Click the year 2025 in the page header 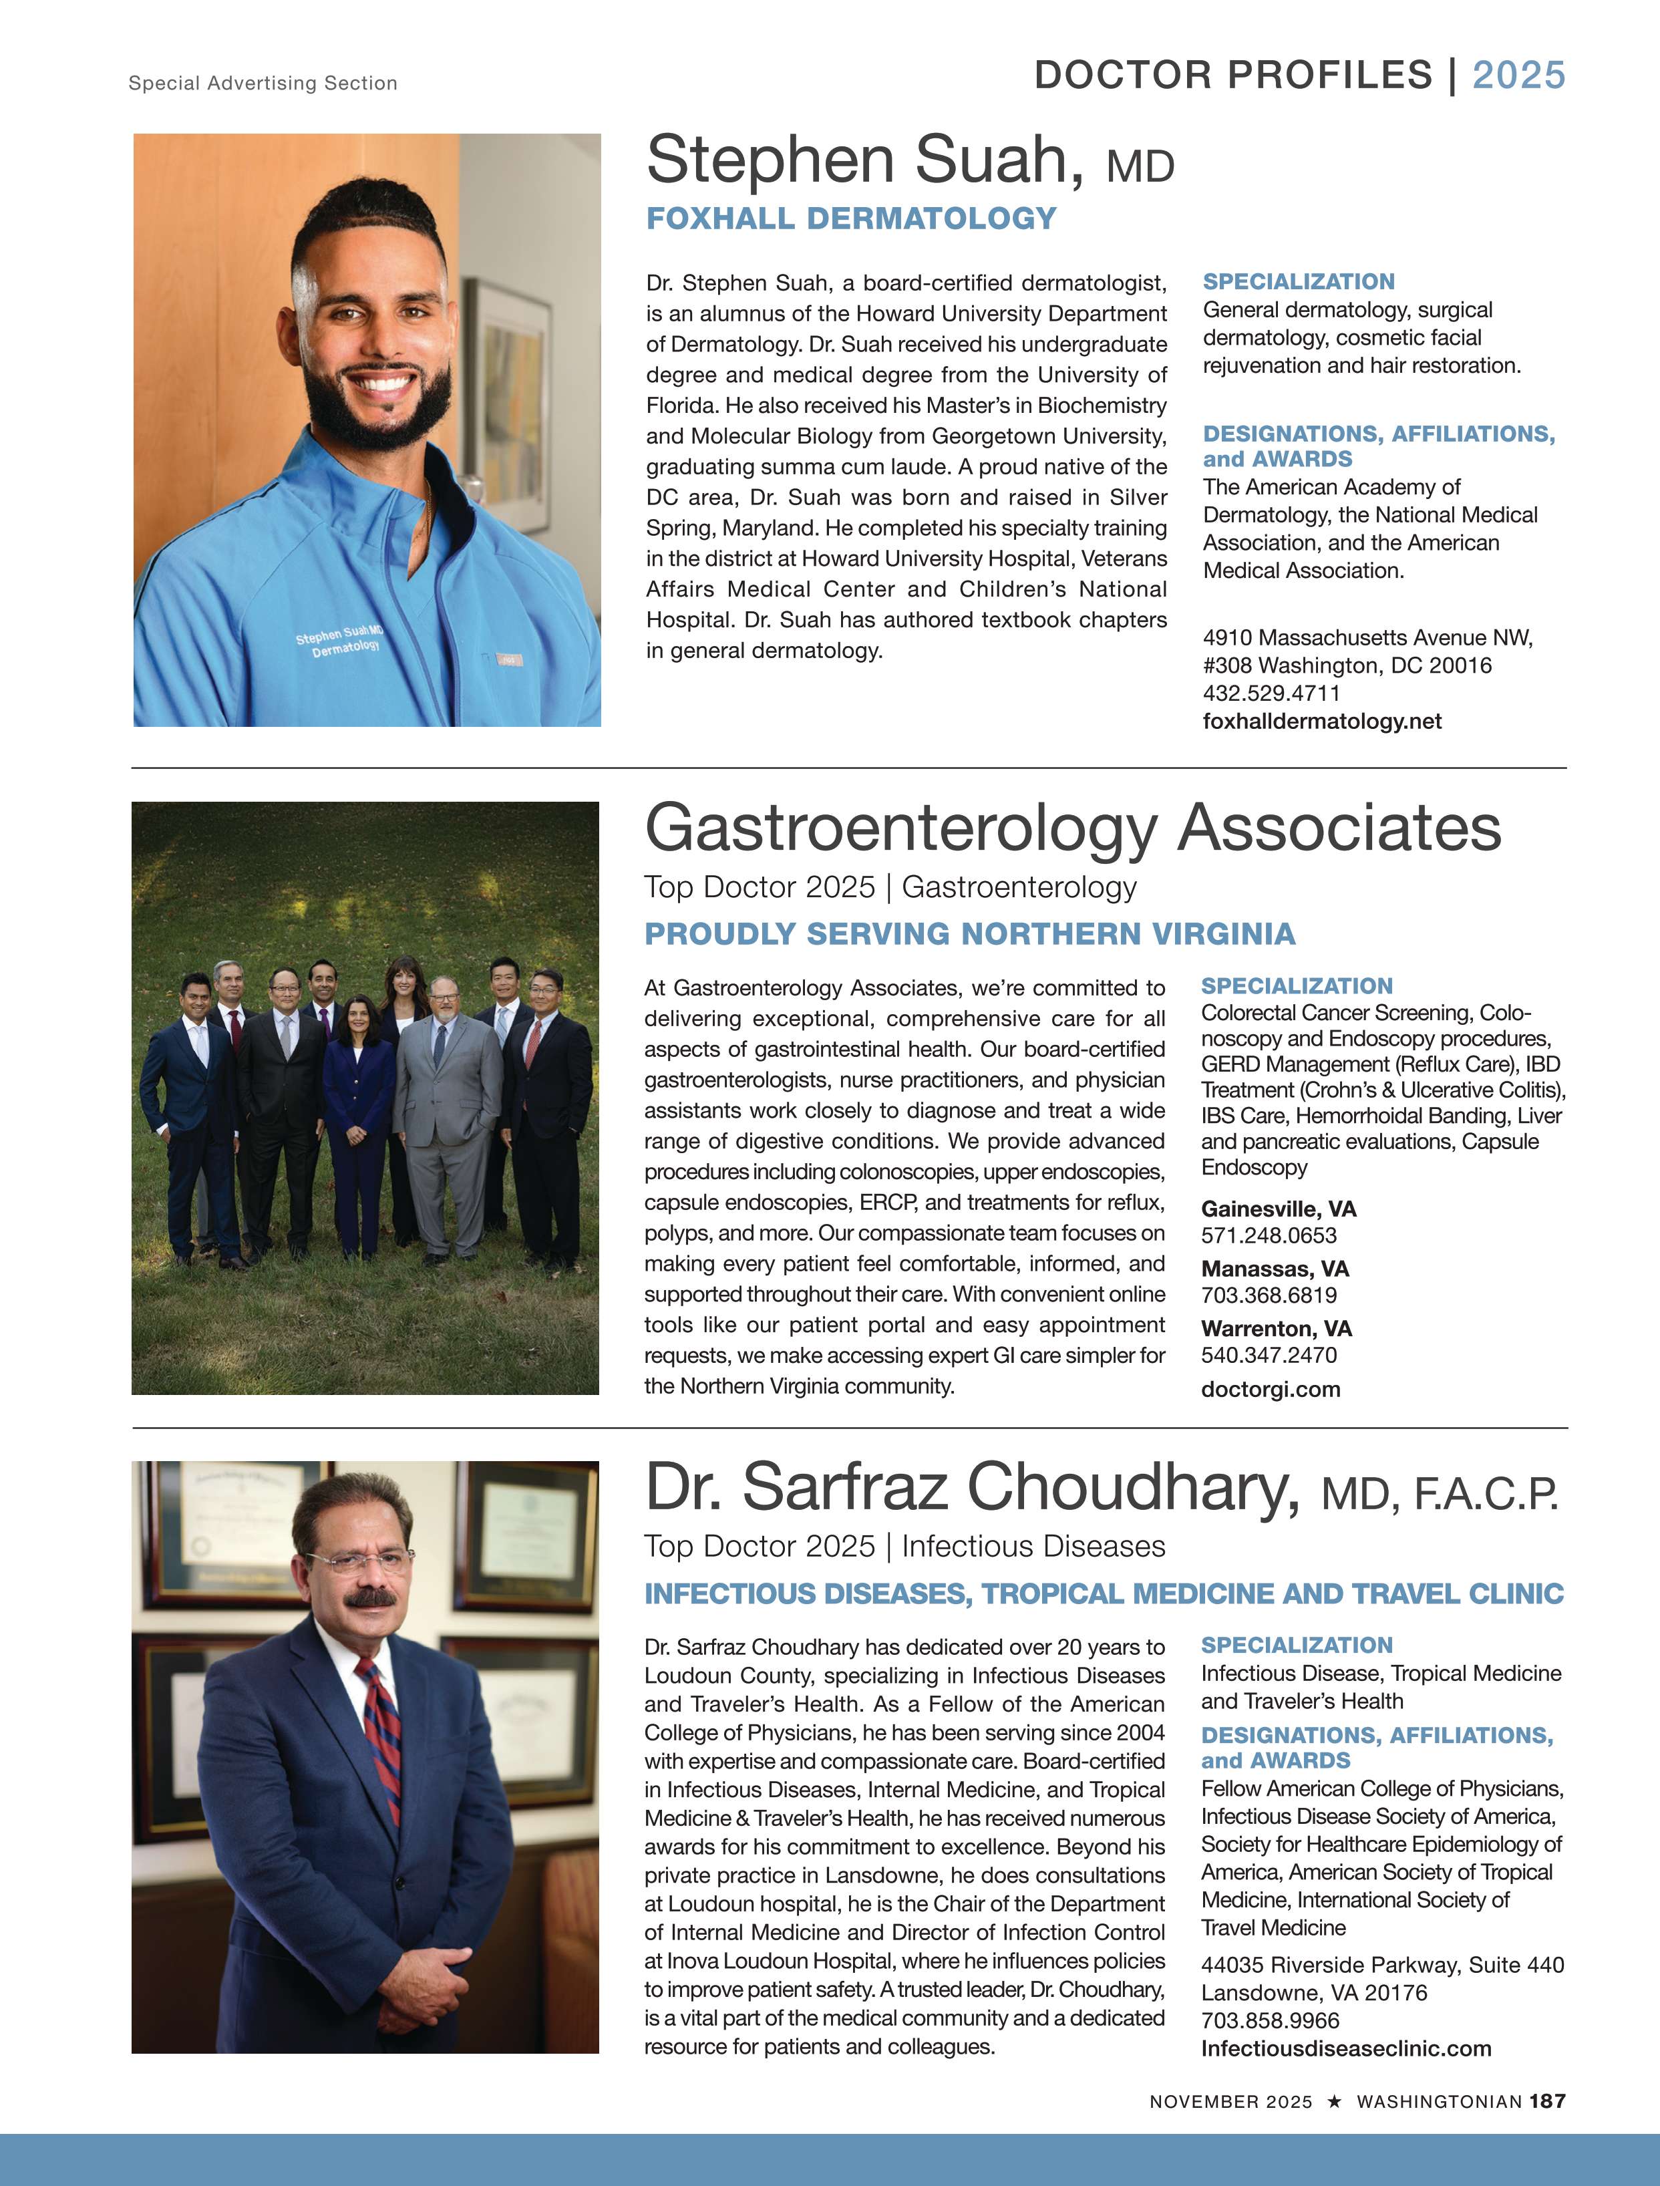pos(1518,75)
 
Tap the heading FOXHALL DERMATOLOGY pos(851,218)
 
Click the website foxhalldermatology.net pos(1321,722)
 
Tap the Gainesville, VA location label pos(1278,1209)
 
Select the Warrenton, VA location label pos(1276,1328)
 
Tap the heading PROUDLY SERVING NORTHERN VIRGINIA pos(969,934)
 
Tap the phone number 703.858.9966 pos(1270,2021)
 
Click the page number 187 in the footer pos(1547,2101)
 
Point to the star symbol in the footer pos(1334,2101)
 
